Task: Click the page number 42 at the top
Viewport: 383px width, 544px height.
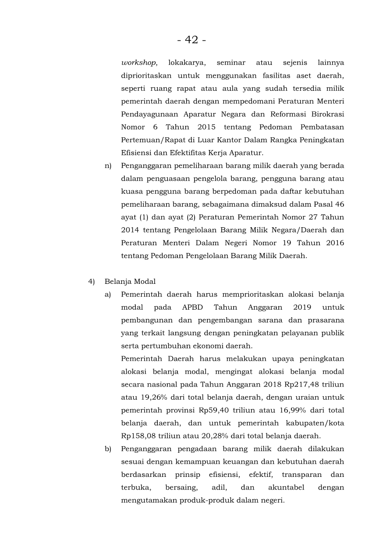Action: tap(191, 40)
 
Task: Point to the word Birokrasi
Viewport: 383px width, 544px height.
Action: tap(328, 114)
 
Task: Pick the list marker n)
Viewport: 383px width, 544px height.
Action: tap(108, 166)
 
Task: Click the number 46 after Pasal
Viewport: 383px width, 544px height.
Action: tap(339, 204)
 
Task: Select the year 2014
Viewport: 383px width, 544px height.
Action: tap(130, 230)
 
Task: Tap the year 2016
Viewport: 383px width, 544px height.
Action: tap(333, 243)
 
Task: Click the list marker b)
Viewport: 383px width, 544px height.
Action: tap(108, 449)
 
